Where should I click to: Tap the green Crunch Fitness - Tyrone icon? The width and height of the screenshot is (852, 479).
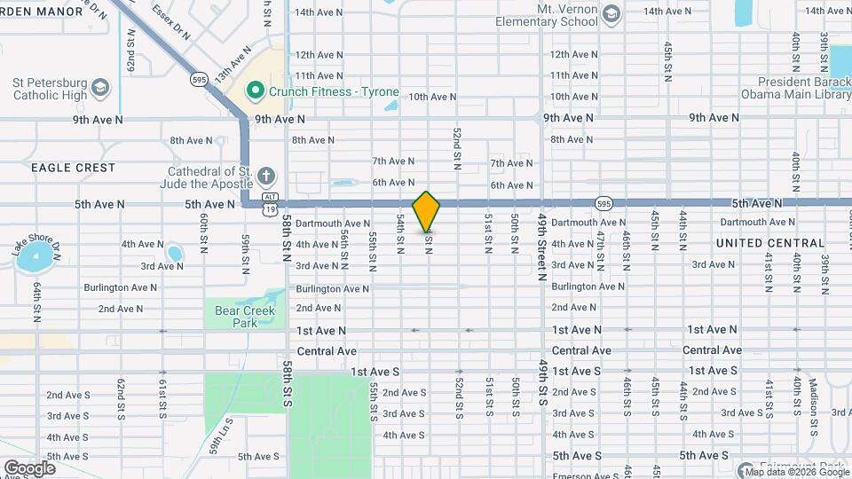(x=256, y=91)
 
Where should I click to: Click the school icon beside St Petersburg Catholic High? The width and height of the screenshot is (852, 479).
(x=100, y=87)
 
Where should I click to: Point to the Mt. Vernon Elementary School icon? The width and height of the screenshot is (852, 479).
(x=611, y=14)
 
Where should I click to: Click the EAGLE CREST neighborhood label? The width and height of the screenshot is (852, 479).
(x=73, y=168)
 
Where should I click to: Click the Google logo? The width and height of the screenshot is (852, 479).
(x=29, y=467)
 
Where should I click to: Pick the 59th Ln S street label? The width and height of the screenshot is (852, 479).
(x=216, y=439)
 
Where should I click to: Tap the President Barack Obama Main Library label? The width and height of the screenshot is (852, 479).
(x=793, y=87)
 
